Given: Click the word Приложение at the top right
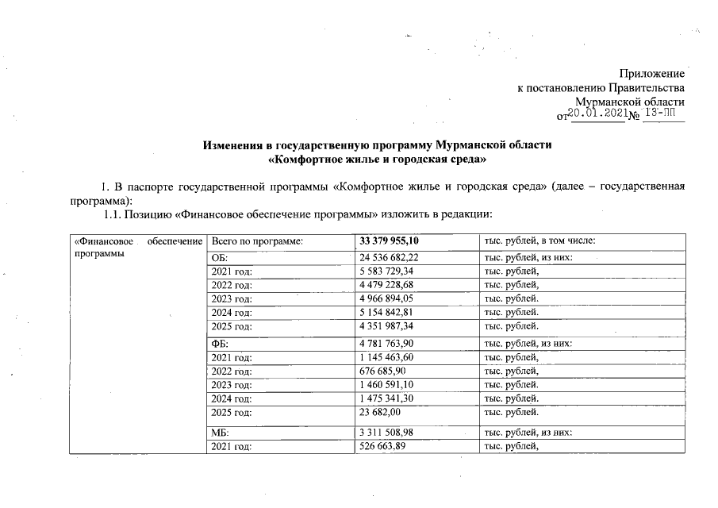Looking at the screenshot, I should (652, 74).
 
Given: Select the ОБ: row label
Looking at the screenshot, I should (218, 257).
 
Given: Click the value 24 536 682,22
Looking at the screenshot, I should (394, 257).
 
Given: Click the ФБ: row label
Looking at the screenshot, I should (219, 343).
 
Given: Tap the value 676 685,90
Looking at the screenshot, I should (386, 371).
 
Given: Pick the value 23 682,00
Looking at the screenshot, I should (383, 412).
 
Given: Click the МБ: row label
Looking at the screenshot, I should (219, 432).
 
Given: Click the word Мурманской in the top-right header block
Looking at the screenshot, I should (609, 102).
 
